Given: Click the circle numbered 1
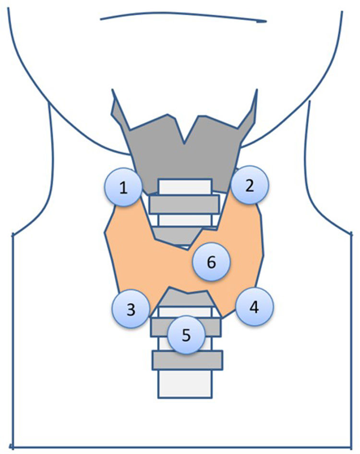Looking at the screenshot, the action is pyautogui.click(x=124, y=188).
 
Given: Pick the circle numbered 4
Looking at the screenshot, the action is pyautogui.click(x=254, y=308).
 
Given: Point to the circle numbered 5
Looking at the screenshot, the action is pyautogui.click(x=186, y=335).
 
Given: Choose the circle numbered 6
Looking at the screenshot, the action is pyautogui.click(x=212, y=262).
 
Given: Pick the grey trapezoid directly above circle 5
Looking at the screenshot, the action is pyautogui.click(x=185, y=299).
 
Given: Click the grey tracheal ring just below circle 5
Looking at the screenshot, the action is pyautogui.click(x=187, y=360).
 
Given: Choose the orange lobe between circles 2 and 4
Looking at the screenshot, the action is pyautogui.click(x=247, y=240).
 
